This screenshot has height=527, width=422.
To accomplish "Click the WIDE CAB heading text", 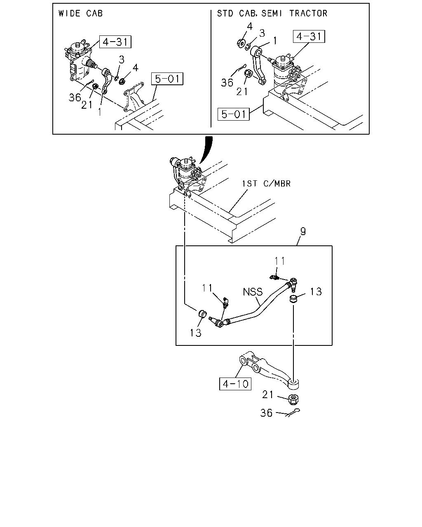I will (x=80, y=13).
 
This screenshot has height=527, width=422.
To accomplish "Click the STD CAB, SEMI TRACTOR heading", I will (x=272, y=13).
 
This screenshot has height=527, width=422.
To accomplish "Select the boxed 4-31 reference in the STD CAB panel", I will (x=309, y=36).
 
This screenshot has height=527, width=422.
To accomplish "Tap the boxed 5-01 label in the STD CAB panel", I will (x=234, y=114).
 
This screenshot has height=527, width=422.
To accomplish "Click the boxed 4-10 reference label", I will (x=235, y=384).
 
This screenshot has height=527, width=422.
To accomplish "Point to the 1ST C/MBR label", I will (x=266, y=183).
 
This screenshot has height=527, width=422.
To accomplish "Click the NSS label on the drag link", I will (x=253, y=292).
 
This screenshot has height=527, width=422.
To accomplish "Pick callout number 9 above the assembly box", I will (x=303, y=232).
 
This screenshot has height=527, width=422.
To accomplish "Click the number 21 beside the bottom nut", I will (x=268, y=395).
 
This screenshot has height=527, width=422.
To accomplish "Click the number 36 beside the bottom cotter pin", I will (x=266, y=412).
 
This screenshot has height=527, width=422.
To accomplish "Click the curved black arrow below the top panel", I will (x=206, y=151).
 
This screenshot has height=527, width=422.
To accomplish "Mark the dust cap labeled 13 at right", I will (x=293, y=298).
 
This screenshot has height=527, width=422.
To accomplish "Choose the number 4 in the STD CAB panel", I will (x=249, y=26).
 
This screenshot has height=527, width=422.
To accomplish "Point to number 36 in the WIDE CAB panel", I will (x=75, y=97).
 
